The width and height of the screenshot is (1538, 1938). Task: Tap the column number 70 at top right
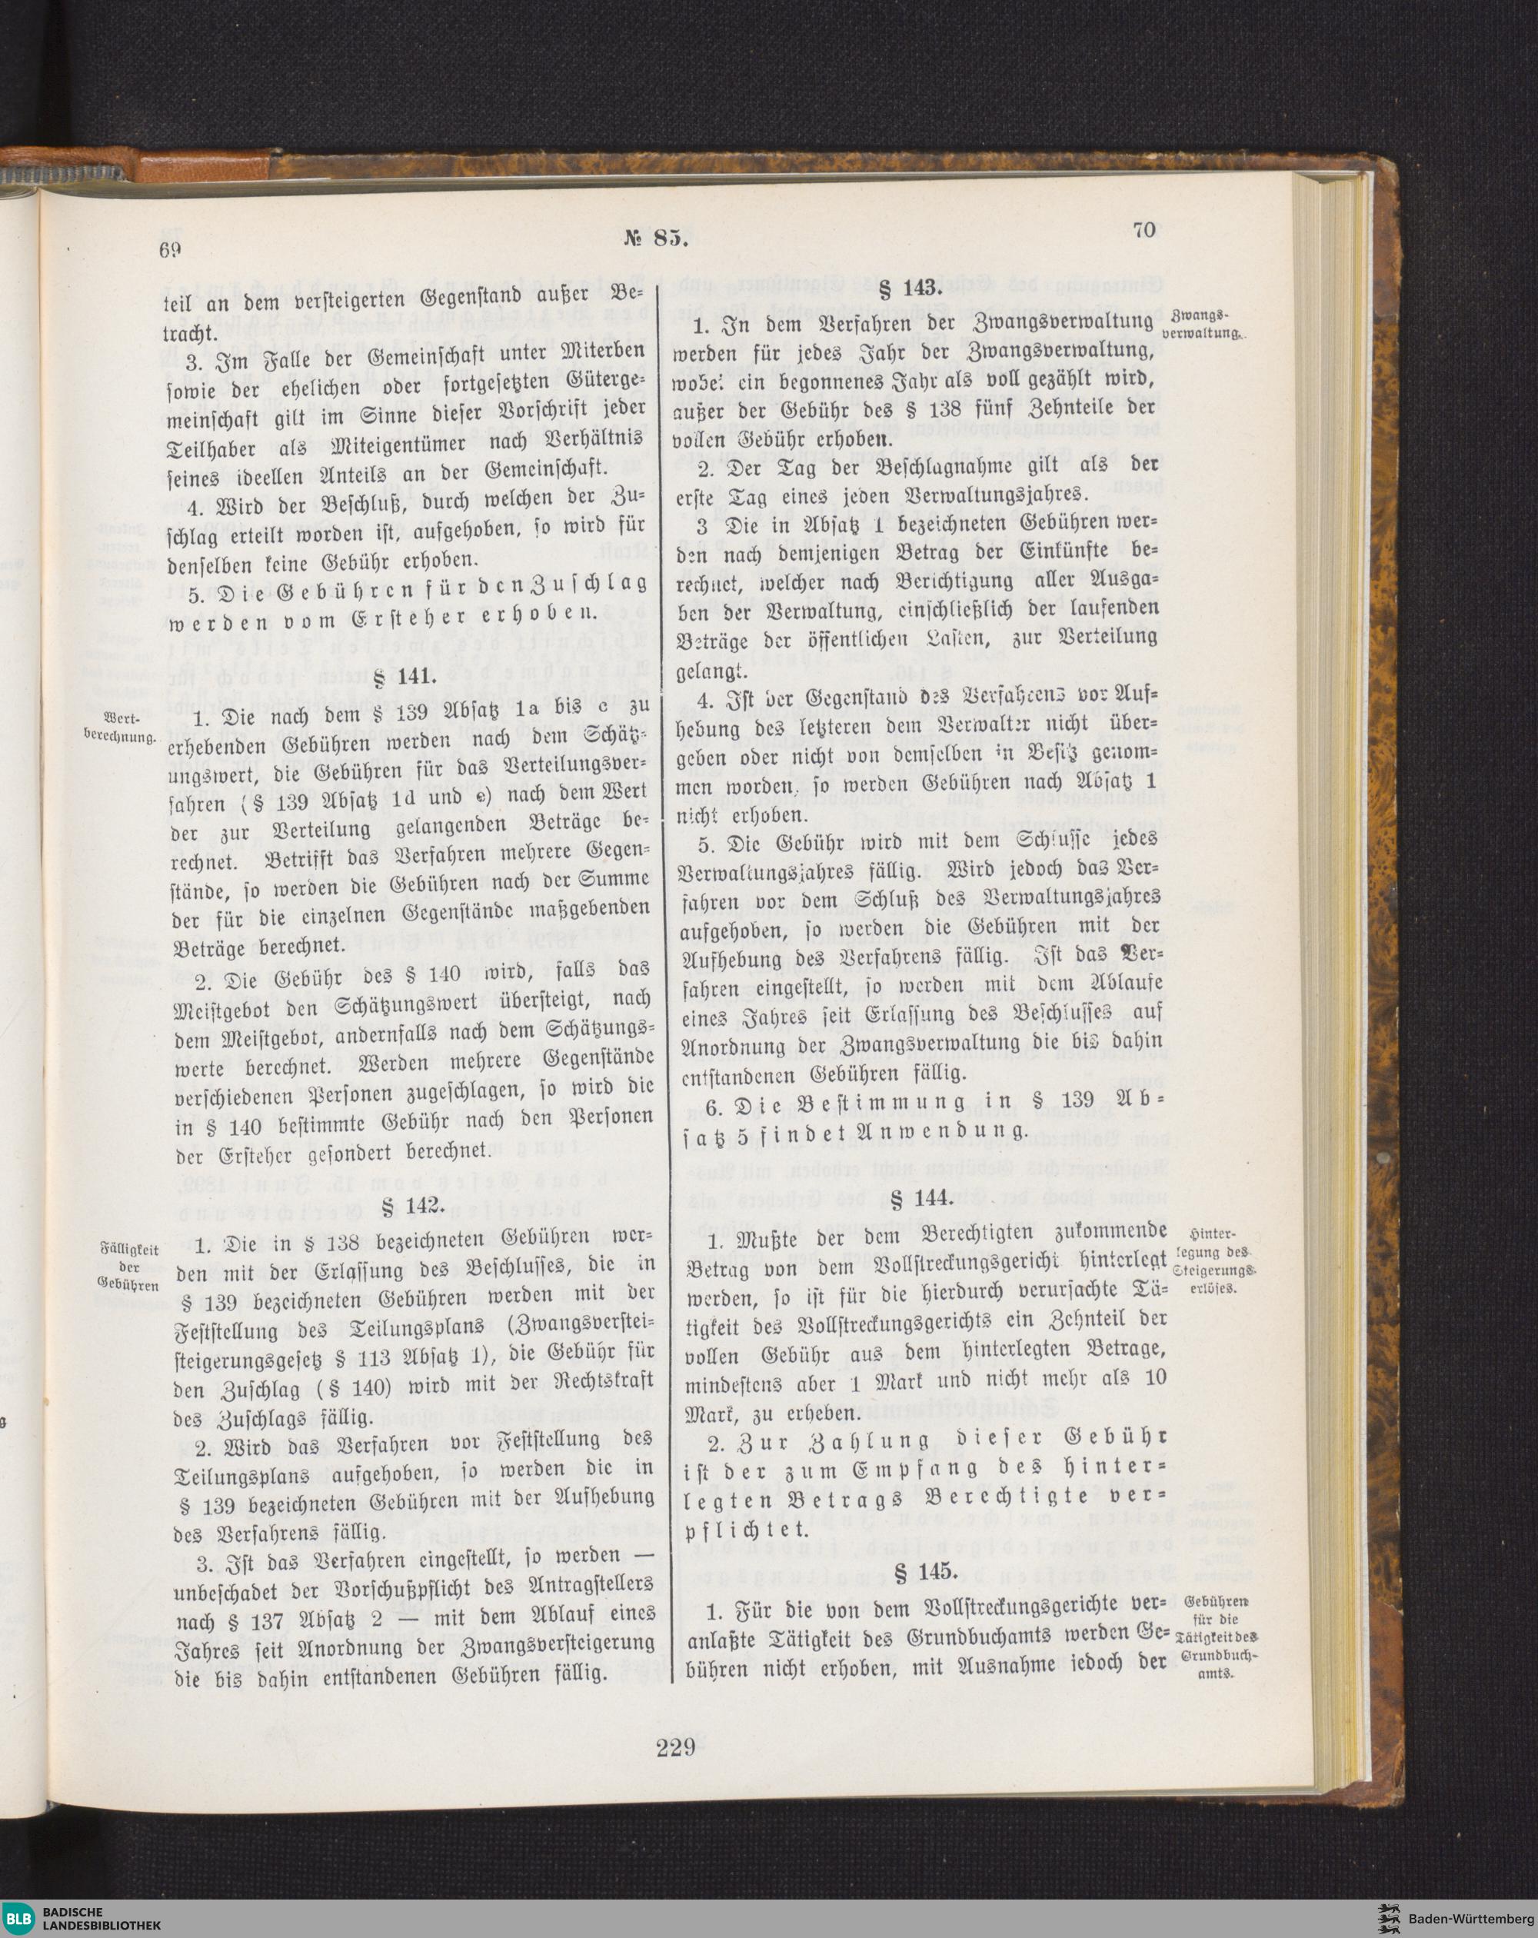pos(1144,229)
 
